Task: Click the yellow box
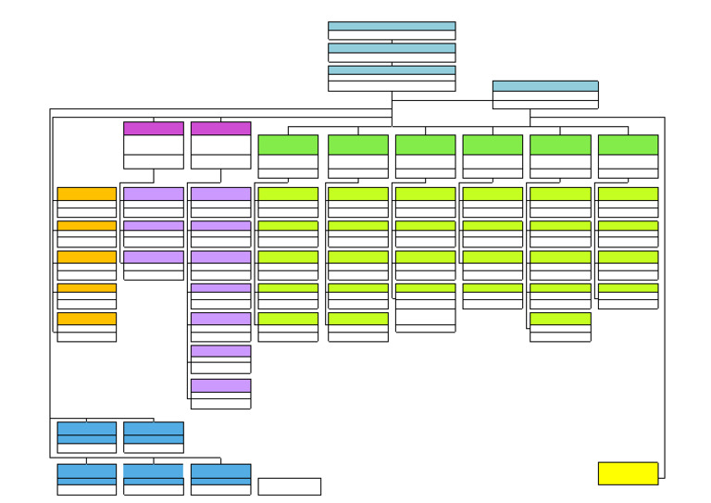tap(628, 473)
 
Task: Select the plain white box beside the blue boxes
tap(289, 486)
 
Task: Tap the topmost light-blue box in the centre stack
tap(392, 31)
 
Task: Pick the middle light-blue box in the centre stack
tap(392, 52)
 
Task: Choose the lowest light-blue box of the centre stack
tap(392, 78)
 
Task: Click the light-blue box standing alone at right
tap(545, 94)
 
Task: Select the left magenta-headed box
tap(154, 145)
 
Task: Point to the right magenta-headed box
tap(220, 145)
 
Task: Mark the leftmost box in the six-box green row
tap(288, 157)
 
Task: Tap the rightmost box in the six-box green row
tap(628, 157)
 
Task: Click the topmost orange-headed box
tap(87, 202)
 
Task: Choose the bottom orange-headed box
tap(87, 327)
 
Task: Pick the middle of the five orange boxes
tap(87, 265)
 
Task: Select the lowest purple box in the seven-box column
tap(220, 394)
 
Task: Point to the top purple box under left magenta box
tap(154, 202)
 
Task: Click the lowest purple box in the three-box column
tap(154, 265)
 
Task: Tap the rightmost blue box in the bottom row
tap(220, 479)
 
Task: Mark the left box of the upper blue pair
tap(87, 437)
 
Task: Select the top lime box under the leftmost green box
tap(288, 202)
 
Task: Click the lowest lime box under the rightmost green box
tap(628, 296)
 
